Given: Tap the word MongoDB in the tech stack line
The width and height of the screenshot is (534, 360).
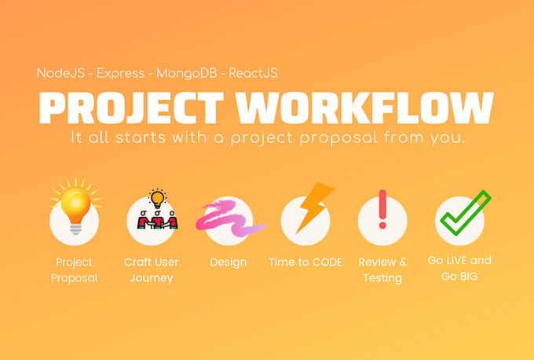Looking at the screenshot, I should [188, 73].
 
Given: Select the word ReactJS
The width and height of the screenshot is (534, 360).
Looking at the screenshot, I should [254, 73].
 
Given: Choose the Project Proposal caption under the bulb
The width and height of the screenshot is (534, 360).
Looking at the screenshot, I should [74, 270].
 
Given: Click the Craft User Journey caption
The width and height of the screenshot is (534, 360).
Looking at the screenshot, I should [151, 270].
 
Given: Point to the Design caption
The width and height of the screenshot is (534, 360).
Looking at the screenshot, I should [228, 263].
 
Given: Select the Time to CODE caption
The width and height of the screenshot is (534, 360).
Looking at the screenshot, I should [305, 263].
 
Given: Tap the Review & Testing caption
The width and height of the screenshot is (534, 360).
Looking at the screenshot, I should [382, 270].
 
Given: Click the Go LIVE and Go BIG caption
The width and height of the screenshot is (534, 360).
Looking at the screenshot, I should [459, 268].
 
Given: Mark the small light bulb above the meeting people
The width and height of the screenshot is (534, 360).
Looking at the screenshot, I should [158, 197].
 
